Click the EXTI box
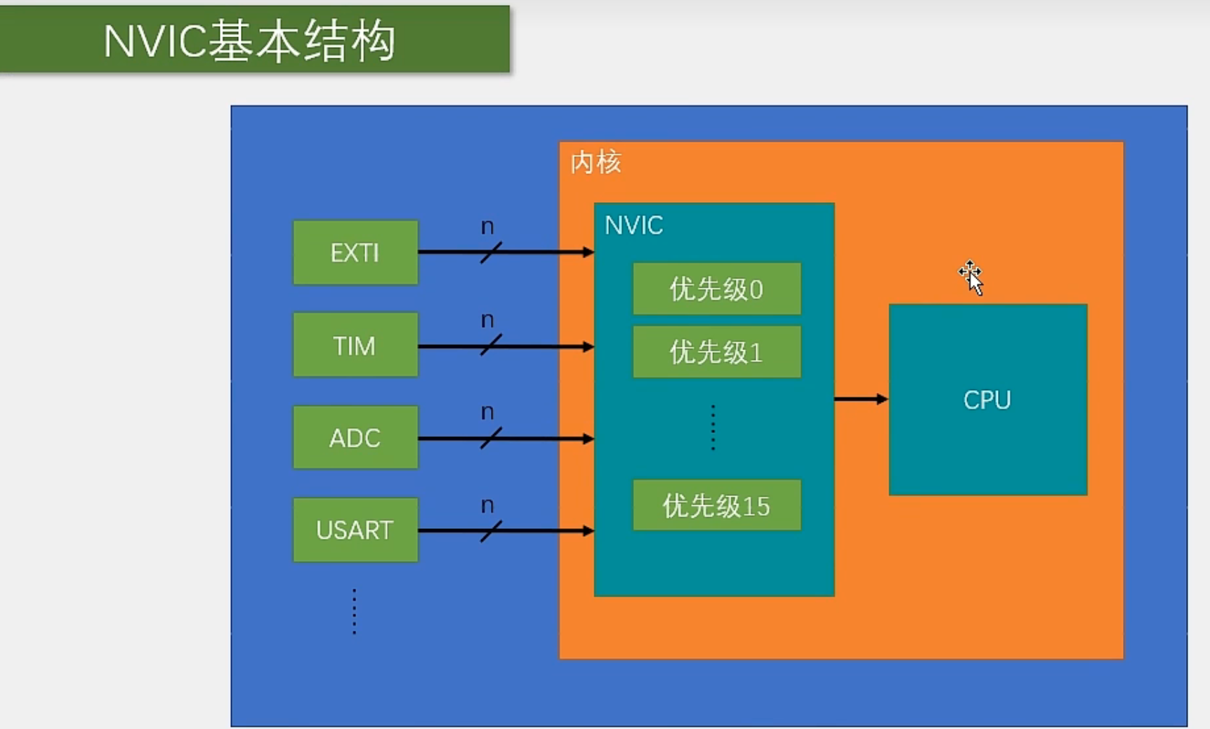(x=355, y=253)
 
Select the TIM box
(x=355, y=345)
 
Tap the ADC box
(x=355, y=438)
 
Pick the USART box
(x=355, y=530)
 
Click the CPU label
(x=987, y=400)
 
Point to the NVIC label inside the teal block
(x=633, y=225)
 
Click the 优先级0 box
(x=716, y=289)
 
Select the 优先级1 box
(x=716, y=352)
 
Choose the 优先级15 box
(x=716, y=506)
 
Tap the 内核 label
(x=596, y=163)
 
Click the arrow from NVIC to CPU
(x=861, y=399)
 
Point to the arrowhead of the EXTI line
(x=588, y=252)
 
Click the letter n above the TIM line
(x=487, y=321)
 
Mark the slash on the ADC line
(x=491, y=438)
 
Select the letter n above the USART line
(x=487, y=506)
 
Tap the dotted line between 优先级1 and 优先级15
(x=713, y=427)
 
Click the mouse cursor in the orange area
(x=972, y=277)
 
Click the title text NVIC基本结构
(x=249, y=41)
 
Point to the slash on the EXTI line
(x=491, y=252)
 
